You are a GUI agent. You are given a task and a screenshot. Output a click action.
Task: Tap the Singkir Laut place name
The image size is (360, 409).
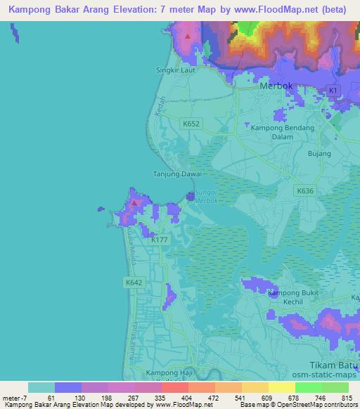(172, 70)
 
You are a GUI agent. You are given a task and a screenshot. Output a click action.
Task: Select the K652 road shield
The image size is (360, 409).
(191, 123)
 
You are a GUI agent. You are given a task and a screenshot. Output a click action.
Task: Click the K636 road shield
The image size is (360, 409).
(304, 190)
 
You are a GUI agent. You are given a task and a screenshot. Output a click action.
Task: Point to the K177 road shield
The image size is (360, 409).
(160, 240)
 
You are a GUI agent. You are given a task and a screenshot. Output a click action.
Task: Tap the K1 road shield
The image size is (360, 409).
(333, 91)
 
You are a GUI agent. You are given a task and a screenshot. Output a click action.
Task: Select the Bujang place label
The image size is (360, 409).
(319, 152)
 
